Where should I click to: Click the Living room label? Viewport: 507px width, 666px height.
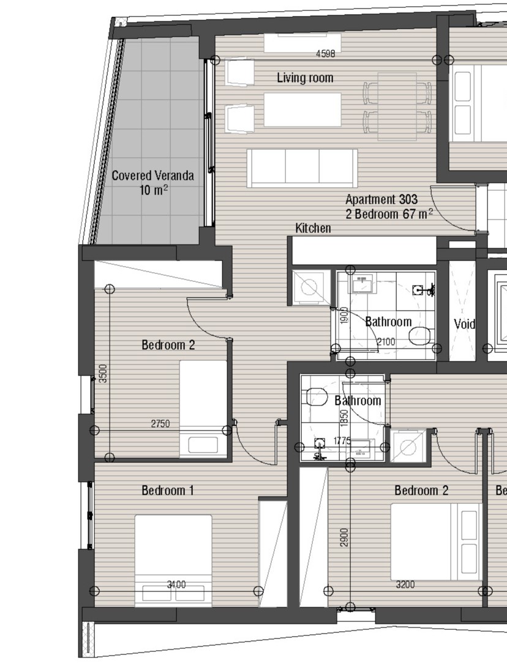(305, 78)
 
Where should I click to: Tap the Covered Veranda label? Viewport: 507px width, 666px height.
(152, 176)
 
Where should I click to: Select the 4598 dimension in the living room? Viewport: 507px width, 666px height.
(325, 54)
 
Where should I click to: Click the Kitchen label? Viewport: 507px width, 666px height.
(313, 228)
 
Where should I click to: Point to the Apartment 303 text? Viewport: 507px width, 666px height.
(381, 199)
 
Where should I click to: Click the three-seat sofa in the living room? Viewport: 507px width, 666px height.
(302, 168)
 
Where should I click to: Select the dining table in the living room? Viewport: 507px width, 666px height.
(397, 106)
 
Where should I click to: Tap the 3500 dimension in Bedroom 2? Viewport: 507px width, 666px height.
(103, 374)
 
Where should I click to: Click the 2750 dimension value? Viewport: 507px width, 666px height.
(160, 423)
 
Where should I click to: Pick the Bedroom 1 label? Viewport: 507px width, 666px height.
(168, 490)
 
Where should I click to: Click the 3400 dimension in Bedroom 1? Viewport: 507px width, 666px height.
(176, 585)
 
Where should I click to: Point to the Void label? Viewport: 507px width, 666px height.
(464, 324)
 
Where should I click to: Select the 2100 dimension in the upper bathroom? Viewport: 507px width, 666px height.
(386, 341)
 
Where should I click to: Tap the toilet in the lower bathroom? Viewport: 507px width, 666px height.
(316, 398)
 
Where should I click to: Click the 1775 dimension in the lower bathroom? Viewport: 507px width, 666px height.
(342, 441)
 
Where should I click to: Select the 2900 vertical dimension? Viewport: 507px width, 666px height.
(345, 538)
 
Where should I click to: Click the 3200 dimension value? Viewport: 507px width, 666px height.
(405, 585)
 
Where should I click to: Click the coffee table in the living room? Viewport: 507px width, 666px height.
(302, 110)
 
